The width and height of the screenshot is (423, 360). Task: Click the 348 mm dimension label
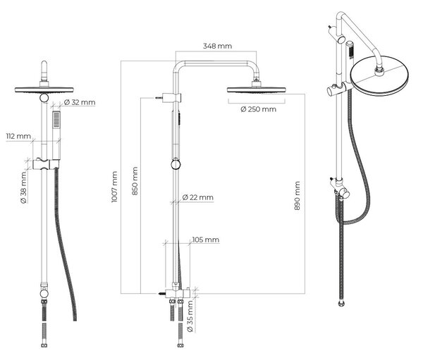pos(217,46)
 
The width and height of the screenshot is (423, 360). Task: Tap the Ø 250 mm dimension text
pos(258,109)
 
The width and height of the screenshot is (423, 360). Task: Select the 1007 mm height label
pos(115,187)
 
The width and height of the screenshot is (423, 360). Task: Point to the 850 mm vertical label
pos(135,180)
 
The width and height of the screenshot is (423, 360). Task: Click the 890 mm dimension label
pos(297,196)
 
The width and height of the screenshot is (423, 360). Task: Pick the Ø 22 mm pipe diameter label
pos(197,197)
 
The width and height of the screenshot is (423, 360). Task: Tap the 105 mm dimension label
pos(206,240)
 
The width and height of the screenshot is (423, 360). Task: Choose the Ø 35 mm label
pos(190,316)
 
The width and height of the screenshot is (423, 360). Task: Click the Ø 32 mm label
pos(80,102)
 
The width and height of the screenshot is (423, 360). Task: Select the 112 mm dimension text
pos(18,136)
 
